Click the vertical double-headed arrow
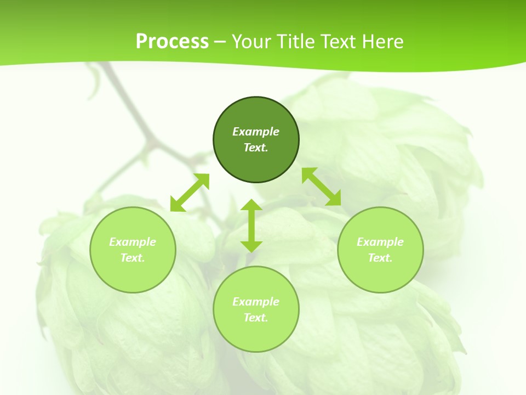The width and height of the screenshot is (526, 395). click(x=251, y=225)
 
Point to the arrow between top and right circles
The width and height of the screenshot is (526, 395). click(x=321, y=187)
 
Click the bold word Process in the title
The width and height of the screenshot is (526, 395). click(x=172, y=41)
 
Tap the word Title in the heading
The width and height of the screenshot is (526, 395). click(x=295, y=41)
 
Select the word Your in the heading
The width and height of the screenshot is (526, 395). click(x=251, y=41)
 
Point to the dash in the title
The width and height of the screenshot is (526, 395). click(x=220, y=42)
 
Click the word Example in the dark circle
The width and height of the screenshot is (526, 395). click(x=256, y=132)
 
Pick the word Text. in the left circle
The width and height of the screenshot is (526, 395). click(x=133, y=258)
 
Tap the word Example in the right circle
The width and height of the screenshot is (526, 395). click(x=380, y=242)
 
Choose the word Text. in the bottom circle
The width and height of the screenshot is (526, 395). click(x=256, y=318)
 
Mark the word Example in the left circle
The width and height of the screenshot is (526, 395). click(x=133, y=242)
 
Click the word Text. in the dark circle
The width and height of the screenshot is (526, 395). click(x=256, y=148)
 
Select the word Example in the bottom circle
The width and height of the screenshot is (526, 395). click(x=256, y=302)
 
